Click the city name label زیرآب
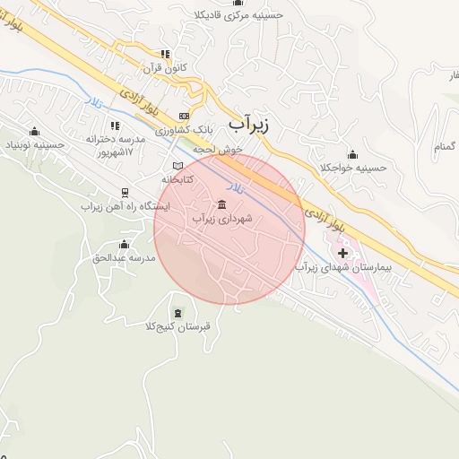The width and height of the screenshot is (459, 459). pos(248,124)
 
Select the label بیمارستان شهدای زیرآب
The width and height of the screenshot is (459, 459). pos(344,268)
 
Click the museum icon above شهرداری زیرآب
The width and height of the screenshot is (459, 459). pos(221,204)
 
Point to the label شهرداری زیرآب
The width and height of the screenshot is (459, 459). pos(222,218)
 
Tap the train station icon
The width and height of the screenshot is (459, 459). pos(124,192)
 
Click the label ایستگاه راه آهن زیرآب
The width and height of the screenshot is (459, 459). pos(118,205)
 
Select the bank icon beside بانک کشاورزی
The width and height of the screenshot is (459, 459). pos(185,116)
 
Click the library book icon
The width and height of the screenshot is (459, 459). pos(178,166)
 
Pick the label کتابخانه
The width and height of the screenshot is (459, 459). pos(178,179)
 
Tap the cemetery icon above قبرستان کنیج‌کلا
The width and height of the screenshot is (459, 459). pos(178,313)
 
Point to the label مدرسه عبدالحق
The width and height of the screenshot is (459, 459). pos(124,258)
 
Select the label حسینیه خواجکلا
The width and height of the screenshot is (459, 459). pos(352,167)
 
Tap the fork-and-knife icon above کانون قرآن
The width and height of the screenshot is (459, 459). pos(164,54)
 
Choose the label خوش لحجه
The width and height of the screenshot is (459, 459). pos(223,150)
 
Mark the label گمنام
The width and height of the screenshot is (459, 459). pos(445,145)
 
